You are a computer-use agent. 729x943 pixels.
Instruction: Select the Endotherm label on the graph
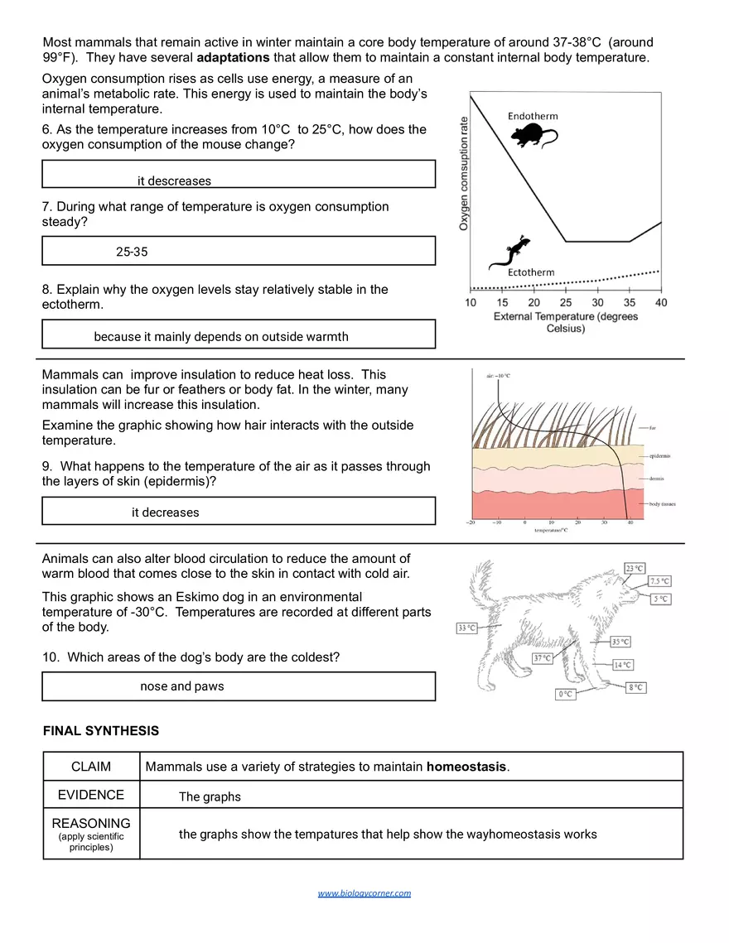coord(533,116)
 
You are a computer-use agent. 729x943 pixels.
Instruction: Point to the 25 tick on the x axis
coord(566,303)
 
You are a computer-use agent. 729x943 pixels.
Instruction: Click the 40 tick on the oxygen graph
coord(660,303)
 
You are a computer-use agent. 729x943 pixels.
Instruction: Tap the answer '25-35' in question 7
coord(132,252)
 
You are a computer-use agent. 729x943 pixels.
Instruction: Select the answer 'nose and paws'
coord(181,686)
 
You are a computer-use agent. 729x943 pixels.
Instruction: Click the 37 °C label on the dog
coord(543,659)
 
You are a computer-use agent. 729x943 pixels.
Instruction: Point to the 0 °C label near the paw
coord(565,695)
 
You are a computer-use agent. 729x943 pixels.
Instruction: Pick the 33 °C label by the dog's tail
coord(466,628)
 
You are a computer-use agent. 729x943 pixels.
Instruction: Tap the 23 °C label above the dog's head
coord(635,568)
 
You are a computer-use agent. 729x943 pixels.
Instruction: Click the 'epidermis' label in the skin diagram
coord(660,456)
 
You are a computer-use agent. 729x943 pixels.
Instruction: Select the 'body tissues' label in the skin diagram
coord(664,503)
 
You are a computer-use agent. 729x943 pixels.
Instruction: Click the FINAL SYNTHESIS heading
coord(100,731)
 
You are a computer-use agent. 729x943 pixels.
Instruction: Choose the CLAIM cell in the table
coord(91,767)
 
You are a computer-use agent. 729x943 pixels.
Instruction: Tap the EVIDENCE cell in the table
coord(91,795)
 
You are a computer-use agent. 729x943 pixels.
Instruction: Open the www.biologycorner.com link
coord(364,893)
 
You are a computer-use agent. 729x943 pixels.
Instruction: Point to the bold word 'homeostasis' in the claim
coord(466,767)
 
